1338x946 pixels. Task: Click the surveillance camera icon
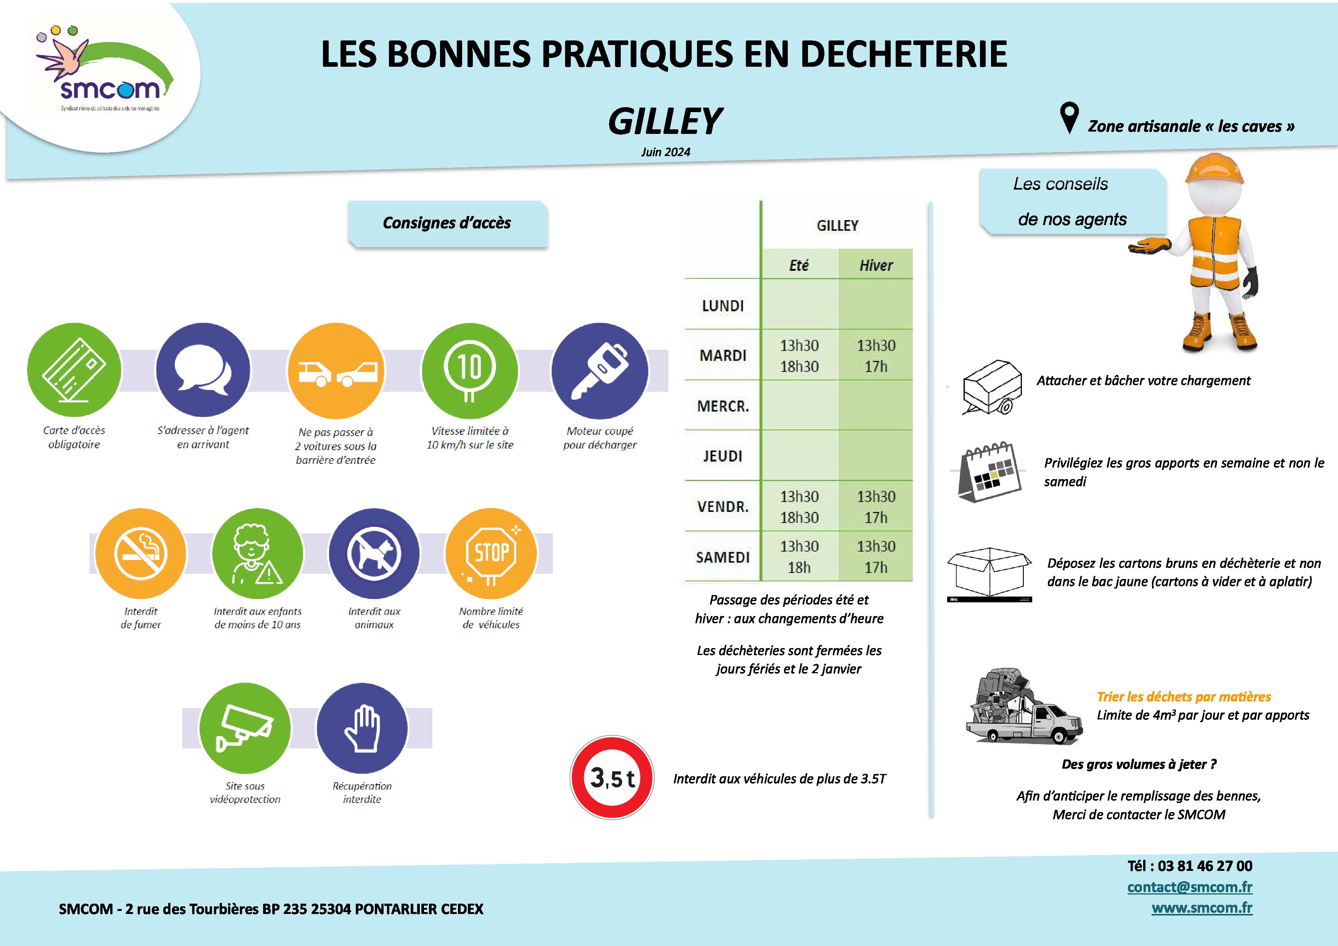point(245,728)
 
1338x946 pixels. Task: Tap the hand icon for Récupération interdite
point(362,728)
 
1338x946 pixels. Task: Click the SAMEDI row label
point(723,557)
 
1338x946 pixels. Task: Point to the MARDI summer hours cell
point(799,356)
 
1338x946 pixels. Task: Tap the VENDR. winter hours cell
point(876,507)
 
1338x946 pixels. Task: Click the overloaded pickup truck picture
point(1023,708)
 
